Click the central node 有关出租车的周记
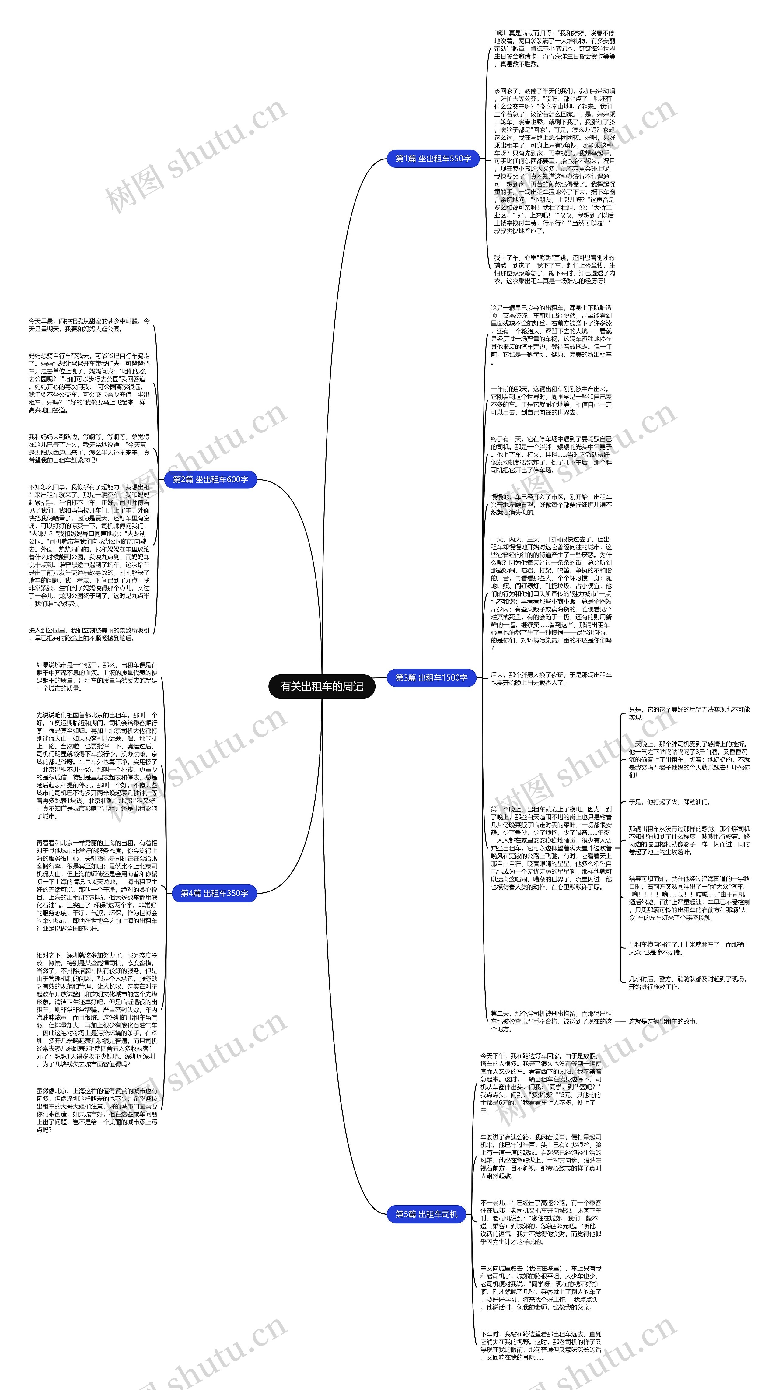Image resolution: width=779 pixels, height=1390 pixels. (x=322, y=686)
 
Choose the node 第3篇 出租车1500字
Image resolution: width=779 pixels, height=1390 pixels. (x=431, y=678)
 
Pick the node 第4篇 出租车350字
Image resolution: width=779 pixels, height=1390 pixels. (x=214, y=893)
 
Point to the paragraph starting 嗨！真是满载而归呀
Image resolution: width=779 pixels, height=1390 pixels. (x=554, y=49)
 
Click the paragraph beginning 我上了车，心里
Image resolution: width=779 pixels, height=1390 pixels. (x=554, y=269)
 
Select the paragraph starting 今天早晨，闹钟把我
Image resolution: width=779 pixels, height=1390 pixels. (x=89, y=325)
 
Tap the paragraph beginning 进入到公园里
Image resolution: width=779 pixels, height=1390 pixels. (x=89, y=634)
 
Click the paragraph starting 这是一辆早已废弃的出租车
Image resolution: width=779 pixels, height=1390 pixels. (x=551, y=334)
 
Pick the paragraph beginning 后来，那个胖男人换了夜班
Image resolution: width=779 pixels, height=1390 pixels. (x=551, y=679)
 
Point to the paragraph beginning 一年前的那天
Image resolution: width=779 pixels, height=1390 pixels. (x=551, y=400)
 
